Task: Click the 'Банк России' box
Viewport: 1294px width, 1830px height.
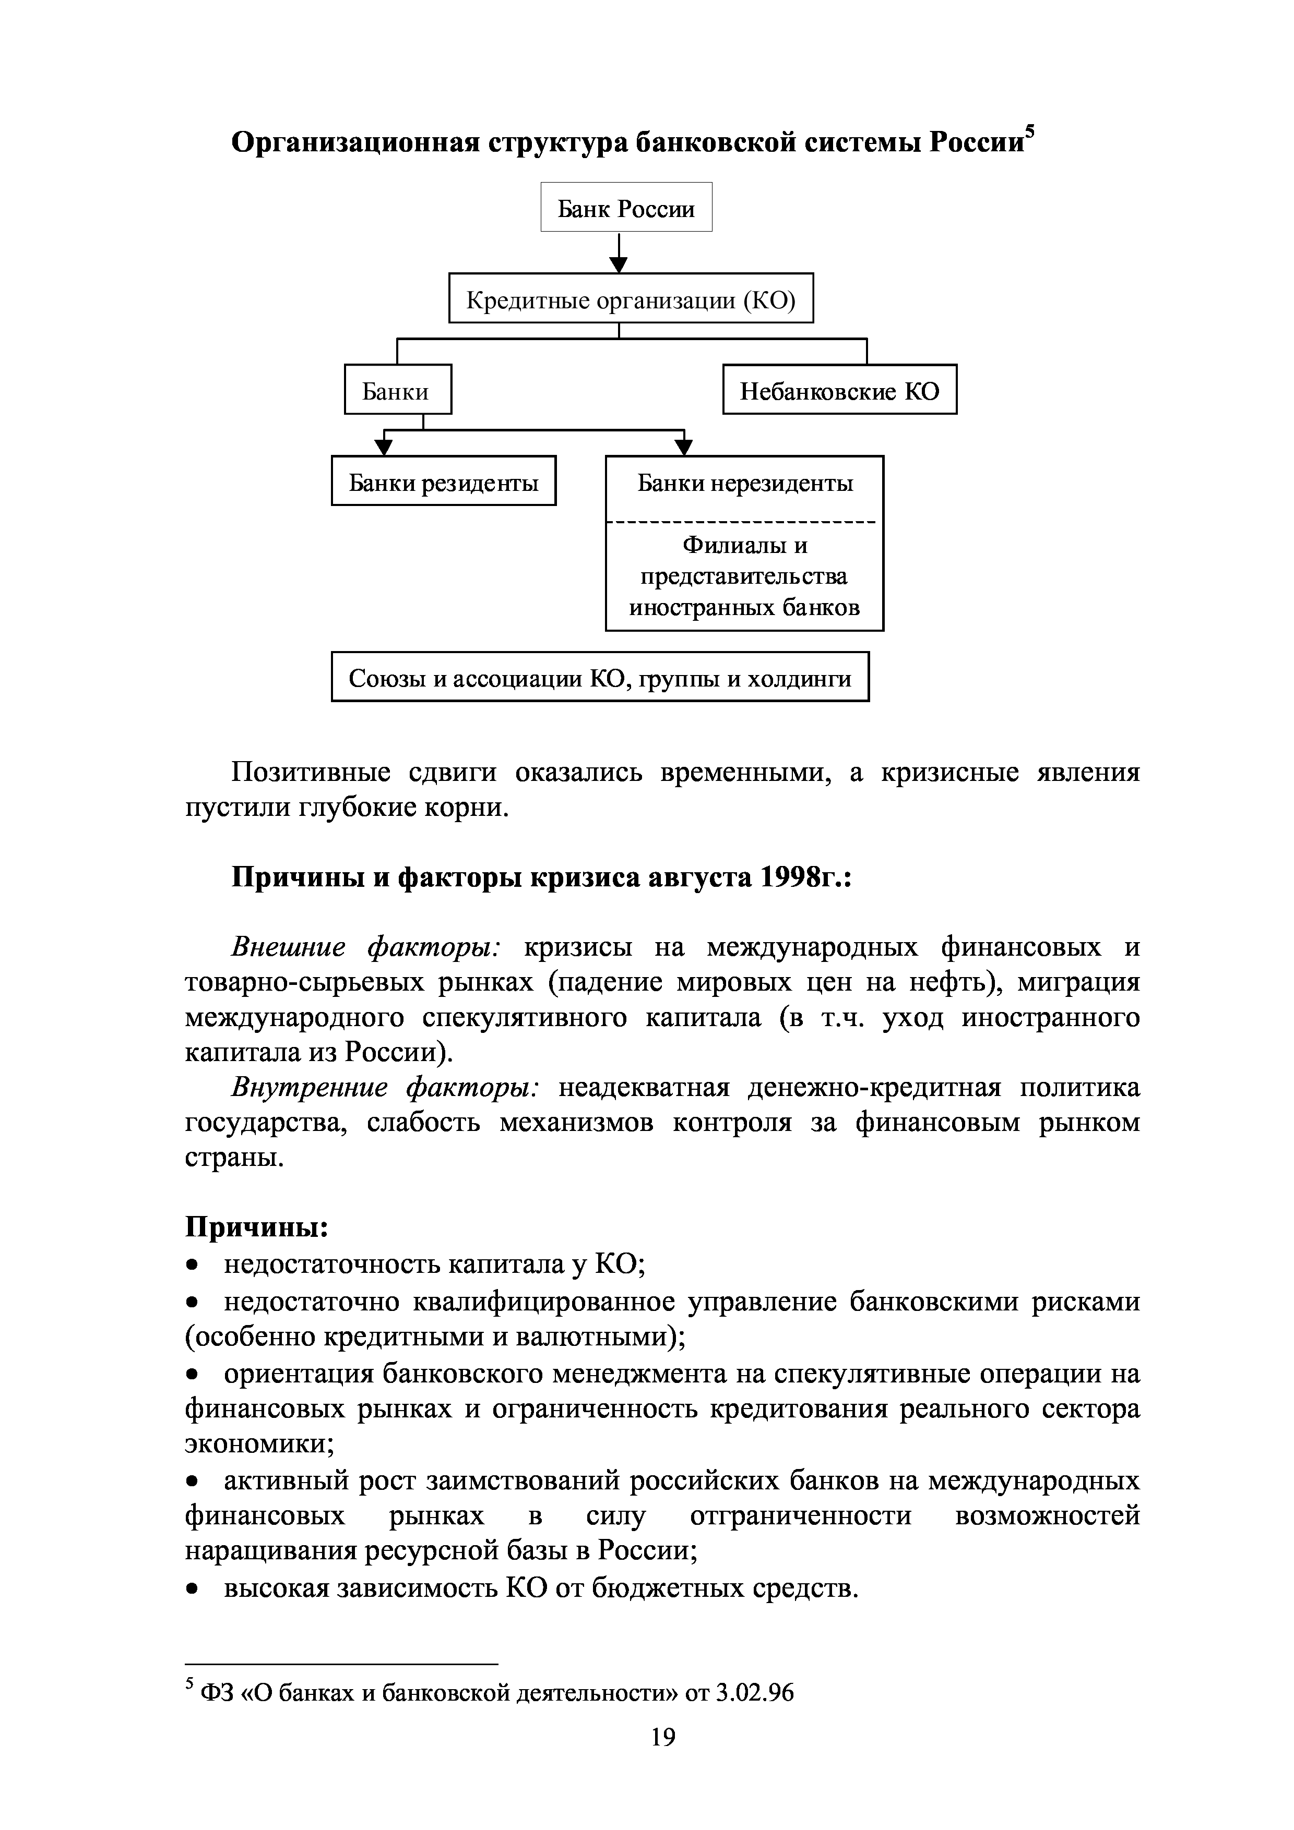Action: click(x=626, y=207)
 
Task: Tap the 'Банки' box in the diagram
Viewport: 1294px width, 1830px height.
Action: click(x=397, y=390)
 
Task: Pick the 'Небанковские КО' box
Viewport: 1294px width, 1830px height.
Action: click(x=839, y=390)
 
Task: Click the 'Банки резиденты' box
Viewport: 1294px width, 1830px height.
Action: click(x=443, y=480)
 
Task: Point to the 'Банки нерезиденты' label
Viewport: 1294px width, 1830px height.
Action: click(x=745, y=482)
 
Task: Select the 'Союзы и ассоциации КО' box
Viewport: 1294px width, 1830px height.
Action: click(x=600, y=677)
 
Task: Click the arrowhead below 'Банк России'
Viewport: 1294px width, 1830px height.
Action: click(x=619, y=264)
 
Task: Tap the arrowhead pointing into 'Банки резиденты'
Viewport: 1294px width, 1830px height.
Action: click(x=384, y=447)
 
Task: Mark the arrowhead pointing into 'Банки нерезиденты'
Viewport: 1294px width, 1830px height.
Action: click(x=684, y=447)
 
